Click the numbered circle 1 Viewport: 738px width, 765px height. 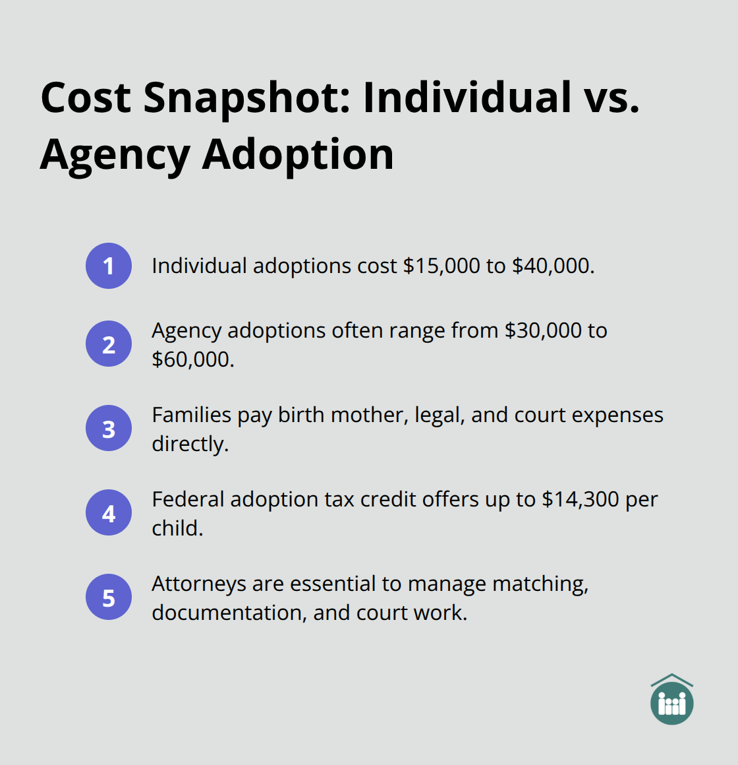[x=109, y=266]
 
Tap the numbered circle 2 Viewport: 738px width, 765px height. [x=109, y=344]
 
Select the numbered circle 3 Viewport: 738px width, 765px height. [x=109, y=428]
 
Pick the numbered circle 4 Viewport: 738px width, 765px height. [x=109, y=512]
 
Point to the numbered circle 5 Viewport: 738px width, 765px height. [x=109, y=597]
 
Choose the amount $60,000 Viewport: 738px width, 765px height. [x=192, y=359]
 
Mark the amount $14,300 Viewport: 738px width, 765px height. [x=580, y=499]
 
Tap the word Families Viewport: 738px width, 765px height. [x=191, y=415]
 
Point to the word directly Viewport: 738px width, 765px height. [x=190, y=444]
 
